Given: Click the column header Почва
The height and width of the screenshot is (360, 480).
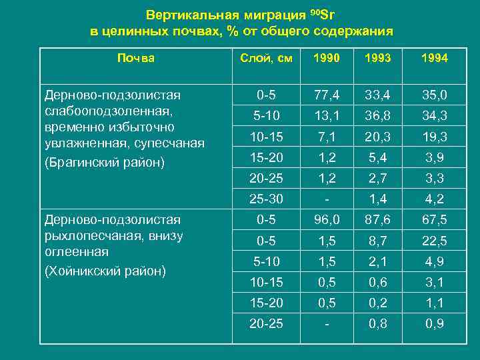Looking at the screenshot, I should tap(135, 58).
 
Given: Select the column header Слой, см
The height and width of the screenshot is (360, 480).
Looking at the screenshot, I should tap(266, 59).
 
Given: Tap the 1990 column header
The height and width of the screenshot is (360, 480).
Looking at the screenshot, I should tap(327, 59).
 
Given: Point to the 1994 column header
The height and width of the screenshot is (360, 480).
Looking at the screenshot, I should tap(434, 59).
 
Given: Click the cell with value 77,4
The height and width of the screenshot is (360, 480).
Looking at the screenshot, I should tap(327, 95).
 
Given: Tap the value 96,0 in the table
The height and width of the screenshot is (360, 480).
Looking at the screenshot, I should tap(327, 219).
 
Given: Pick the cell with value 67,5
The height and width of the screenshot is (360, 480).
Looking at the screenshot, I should tap(434, 219).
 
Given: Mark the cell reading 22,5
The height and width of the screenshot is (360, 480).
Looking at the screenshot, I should tap(434, 240).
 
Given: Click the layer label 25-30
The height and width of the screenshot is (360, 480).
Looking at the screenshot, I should tap(266, 199).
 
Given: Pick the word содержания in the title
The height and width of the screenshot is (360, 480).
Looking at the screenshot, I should tap(354, 31).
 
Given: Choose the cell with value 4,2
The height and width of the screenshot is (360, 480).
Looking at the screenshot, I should tap(434, 199).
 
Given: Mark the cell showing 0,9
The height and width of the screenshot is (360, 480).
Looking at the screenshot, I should tap(434, 324).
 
